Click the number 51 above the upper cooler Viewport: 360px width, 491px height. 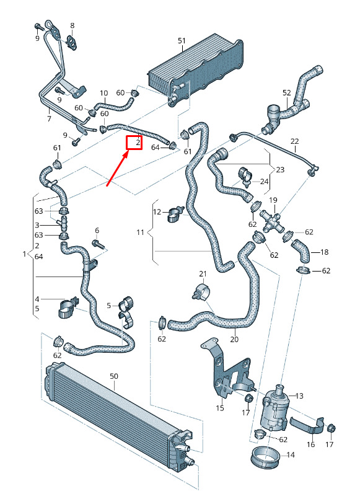182,41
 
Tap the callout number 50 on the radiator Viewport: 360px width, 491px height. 114,376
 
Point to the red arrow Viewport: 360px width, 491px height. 118,167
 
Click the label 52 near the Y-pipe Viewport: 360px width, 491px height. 286,93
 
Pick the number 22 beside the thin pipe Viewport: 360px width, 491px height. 294,141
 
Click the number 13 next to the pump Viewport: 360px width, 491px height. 299,396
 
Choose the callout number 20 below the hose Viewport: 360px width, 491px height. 234,339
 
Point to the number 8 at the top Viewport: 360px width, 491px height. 72,25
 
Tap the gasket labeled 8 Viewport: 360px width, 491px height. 72,43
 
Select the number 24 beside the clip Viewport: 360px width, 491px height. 265,181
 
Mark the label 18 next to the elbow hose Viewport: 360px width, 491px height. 324,252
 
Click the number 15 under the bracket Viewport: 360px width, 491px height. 220,408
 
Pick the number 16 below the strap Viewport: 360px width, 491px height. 310,444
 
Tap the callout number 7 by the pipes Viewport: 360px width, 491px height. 49,118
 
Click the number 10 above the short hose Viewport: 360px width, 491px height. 103,93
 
